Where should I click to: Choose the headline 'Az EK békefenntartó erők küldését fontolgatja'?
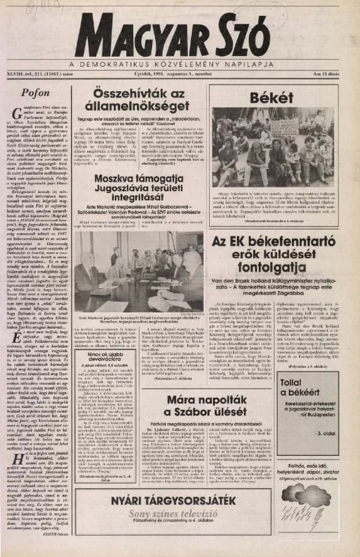[272, 258]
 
